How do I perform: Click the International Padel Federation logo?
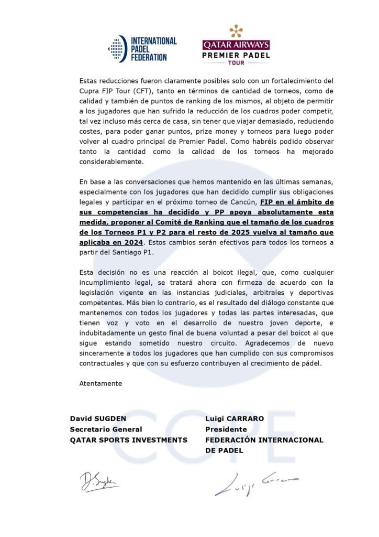pyautogui.click(x=142, y=48)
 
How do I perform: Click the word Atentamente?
pyautogui.click(x=101, y=383)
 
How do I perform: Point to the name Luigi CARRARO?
pyautogui.click(x=233, y=419)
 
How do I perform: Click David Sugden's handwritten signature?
pyautogui.click(x=99, y=481)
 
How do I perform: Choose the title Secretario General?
pyautogui.click(x=106, y=429)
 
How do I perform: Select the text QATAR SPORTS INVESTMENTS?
pyautogui.click(x=128, y=440)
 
